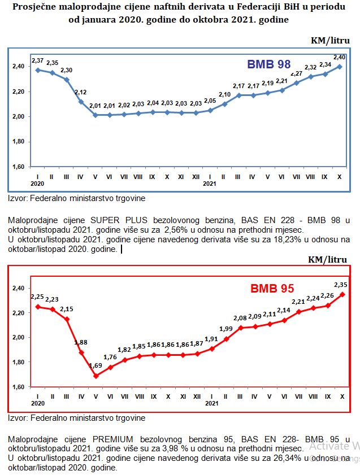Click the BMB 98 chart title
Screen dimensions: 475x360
coord(268,64)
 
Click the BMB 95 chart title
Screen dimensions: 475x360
coord(272,289)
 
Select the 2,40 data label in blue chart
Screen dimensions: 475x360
coord(340,57)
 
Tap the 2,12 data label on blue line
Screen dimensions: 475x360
coord(80,92)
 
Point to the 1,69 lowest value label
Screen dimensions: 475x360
coord(96,366)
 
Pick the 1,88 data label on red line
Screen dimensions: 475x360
coord(81,342)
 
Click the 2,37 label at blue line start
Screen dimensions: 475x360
coord(37,60)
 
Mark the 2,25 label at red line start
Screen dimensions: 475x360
coord(37,297)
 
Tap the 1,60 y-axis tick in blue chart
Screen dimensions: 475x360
coord(18,167)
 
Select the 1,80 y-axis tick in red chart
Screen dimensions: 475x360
coord(18,362)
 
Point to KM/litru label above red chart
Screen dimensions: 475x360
coord(327,260)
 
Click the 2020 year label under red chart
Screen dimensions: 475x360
coord(37,403)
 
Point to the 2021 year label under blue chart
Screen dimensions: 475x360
coord(210,184)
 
